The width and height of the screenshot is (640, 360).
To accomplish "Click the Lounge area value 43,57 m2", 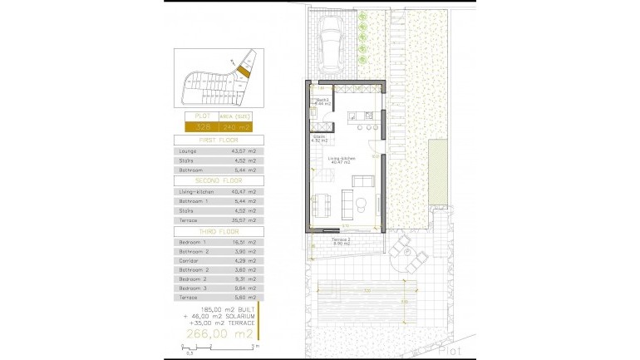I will click(238, 151).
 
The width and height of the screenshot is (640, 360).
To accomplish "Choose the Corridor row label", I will click(189, 260).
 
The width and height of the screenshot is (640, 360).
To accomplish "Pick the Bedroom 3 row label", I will click(192, 288).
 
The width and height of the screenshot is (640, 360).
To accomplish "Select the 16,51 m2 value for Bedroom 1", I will click(238, 241).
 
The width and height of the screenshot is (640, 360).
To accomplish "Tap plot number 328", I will click(202, 127).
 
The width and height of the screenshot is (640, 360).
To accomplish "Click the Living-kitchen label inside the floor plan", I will click(342, 160).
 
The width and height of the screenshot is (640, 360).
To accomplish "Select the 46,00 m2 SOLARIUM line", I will click(220, 317).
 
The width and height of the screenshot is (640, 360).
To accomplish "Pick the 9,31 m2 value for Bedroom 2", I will click(238, 279).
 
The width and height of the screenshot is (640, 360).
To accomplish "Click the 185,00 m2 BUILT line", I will click(220, 309).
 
